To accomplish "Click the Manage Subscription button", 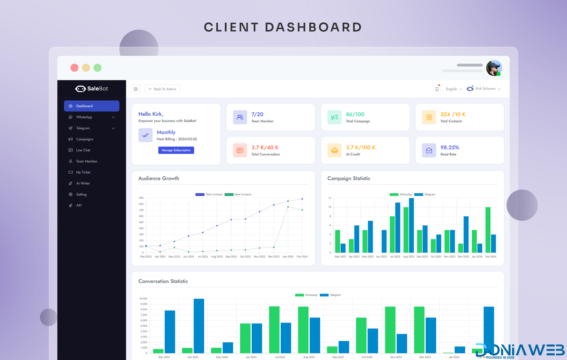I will (176, 150).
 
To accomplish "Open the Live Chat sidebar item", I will (83, 150).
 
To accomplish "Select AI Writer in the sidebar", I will (83, 183).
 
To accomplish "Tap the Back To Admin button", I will (162, 89).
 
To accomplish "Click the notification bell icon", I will (437, 89).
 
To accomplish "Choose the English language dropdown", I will (454, 89).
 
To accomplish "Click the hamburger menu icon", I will (136, 89).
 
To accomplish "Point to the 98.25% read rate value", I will (450, 147).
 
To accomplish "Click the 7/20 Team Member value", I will (257, 114).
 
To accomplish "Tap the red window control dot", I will (74, 68).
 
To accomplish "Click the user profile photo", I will (494, 68).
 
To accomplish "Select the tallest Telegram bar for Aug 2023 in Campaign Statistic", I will (411, 225).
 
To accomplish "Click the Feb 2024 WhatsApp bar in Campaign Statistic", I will (488, 230).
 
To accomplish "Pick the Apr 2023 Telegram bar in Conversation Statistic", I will (199, 326).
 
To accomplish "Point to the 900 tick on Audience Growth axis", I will (141, 198).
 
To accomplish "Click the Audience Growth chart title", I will (159, 178).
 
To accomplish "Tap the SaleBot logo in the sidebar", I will (92, 89).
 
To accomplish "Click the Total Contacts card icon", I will (429, 117).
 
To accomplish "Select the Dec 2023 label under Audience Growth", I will (274, 257).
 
